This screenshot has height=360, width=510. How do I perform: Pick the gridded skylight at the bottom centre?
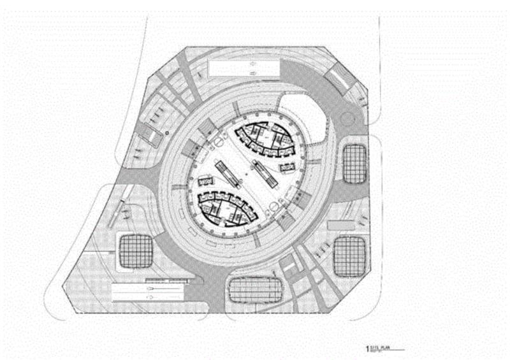(x=254, y=291)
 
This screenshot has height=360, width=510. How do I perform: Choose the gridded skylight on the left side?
(x=134, y=250)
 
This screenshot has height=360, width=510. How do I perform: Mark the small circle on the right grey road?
(x=347, y=119)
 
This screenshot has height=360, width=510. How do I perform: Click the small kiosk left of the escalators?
(x=206, y=180)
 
